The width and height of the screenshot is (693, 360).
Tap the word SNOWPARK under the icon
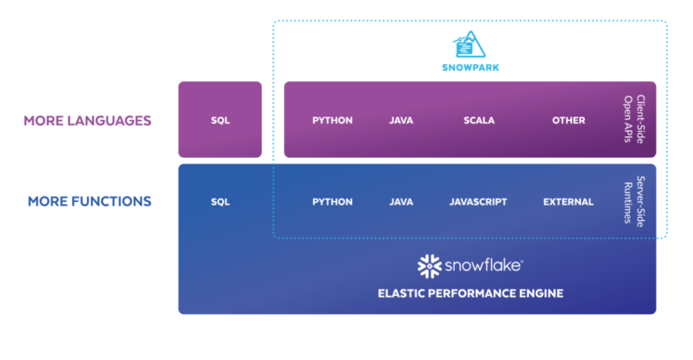(x=469, y=67)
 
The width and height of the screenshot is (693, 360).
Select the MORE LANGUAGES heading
(x=88, y=120)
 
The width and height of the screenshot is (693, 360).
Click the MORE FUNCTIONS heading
(x=89, y=201)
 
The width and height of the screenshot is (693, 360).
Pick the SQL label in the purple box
(x=220, y=120)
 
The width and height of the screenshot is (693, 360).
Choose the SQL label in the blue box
(x=220, y=202)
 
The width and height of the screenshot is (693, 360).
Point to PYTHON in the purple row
(x=332, y=120)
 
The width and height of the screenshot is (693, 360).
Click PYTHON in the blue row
(x=332, y=202)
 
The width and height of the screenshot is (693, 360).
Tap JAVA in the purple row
(x=401, y=120)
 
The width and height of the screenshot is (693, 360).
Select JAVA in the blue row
(x=401, y=202)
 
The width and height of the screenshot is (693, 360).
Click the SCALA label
(x=479, y=120)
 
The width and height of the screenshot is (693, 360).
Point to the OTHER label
(x=568, y=120)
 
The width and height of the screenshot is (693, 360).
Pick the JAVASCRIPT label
(x=478, y=202)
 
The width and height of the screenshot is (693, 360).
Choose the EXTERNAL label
(x=568, y=202)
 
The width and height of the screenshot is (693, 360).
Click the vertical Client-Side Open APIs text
(x=634, y=119)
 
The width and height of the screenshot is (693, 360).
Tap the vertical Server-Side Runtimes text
(x=634, y=202)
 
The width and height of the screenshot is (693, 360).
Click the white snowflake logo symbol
(x=429, y=266)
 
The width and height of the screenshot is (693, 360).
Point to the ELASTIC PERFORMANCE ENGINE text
(x=469, y=293)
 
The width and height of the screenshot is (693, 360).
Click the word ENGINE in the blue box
(x=541, y=293)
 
